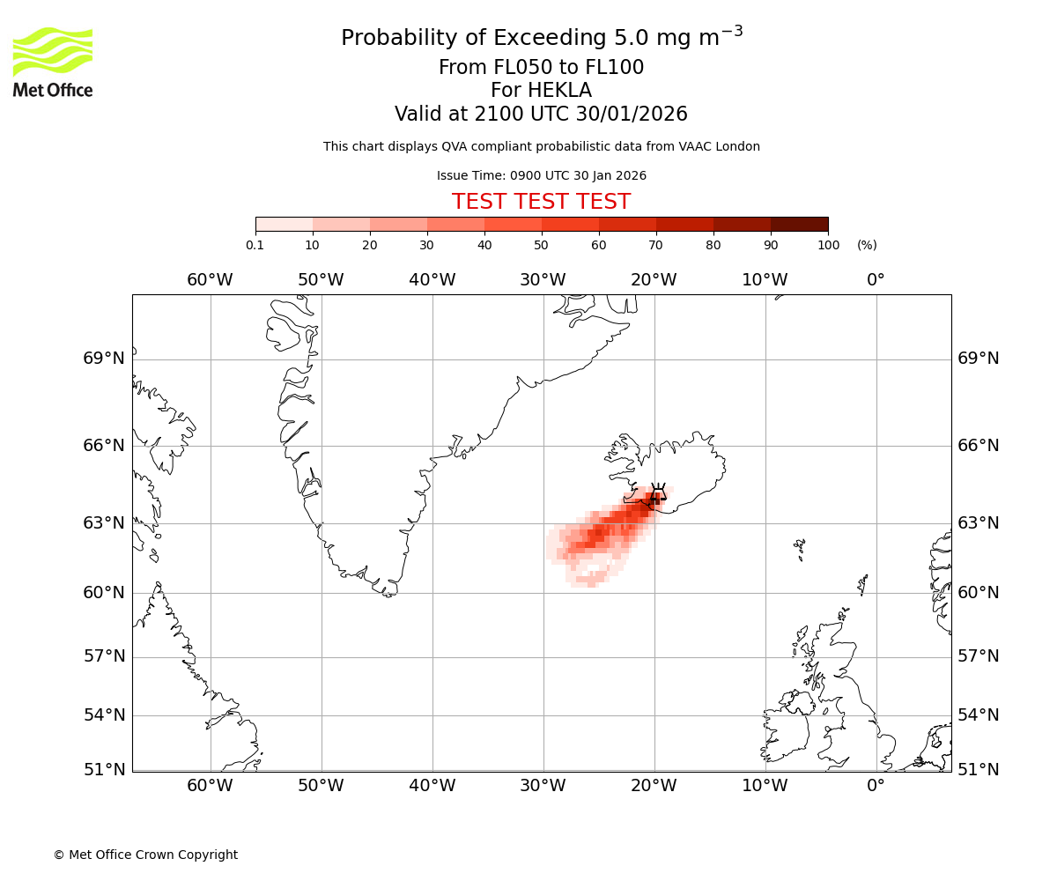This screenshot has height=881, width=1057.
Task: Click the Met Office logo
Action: click(53, 62)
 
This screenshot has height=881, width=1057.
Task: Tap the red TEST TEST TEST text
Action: click(541, 202)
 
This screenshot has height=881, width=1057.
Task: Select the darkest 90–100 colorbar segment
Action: click(799, 224)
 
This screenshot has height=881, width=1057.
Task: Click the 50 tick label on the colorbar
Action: click(541, 245)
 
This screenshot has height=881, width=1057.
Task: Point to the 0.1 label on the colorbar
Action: click(255, 245)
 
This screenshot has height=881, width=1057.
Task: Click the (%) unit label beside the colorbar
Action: click(867, 245)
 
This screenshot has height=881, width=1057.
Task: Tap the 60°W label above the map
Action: click(210, 280)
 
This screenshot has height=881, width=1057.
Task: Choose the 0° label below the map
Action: click(876, 786)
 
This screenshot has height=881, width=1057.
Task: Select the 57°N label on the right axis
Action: click(979, 656)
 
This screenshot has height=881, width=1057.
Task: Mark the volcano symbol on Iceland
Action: click(656, 496)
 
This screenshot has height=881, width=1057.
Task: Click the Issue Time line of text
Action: click(541, 175)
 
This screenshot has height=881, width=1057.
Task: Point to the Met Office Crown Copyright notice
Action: click(145, 855)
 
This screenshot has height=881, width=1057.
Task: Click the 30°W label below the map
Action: click(543, 786)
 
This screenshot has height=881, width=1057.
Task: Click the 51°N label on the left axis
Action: click(104, 770)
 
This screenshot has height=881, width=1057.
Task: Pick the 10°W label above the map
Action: click(765, 280)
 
